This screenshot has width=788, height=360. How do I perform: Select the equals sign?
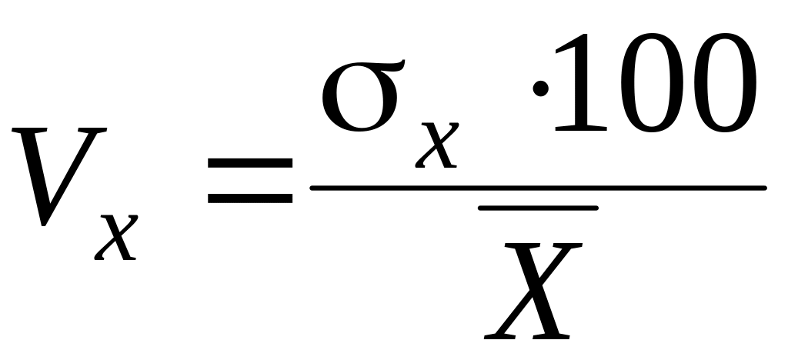coord(250,181)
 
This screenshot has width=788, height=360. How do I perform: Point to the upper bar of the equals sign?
coord(250,164)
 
